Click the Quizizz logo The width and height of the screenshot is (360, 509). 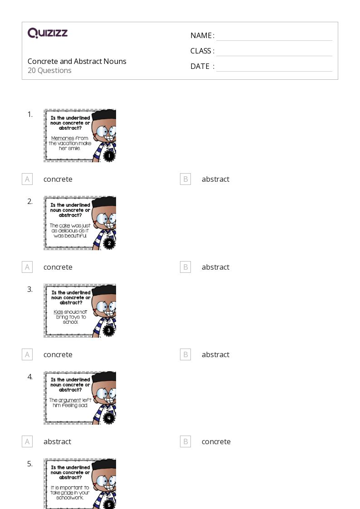tap(48, 33)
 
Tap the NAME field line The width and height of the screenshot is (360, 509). tap(274, 41)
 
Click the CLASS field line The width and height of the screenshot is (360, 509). tap(274, 56)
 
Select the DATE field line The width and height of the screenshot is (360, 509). tap(274, 71)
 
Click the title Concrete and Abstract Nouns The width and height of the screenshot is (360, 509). tap(77, 61)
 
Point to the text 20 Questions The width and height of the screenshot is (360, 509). tap(49, 70)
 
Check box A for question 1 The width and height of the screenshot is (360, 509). tap(27, 179)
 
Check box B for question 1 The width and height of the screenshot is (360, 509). tap(185, 179)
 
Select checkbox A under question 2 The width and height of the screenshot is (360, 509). tap(27, 267)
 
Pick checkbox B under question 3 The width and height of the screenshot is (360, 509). tap(185, 354)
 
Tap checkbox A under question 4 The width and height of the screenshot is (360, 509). tap(27, 441)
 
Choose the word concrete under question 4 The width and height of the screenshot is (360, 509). tap(216, 442)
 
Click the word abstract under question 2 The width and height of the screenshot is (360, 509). tap(215, 267)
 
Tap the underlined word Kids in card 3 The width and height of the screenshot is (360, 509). tap(58, 312)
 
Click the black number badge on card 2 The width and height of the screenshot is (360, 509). tap(109, 243)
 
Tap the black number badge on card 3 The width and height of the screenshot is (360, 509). tap(109, 331)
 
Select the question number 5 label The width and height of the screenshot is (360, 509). tap(30, 464)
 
